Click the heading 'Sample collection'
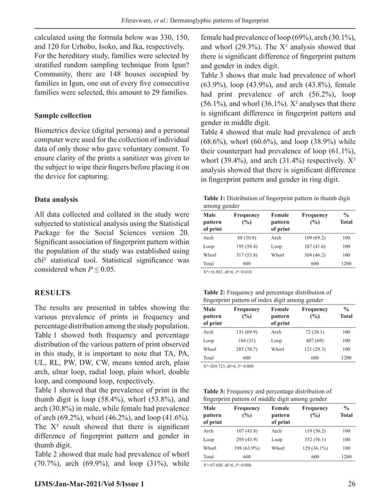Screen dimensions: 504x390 coord(63,115)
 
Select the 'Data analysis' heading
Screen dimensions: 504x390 coord(56,199)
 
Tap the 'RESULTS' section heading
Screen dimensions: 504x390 coord(52,293)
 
